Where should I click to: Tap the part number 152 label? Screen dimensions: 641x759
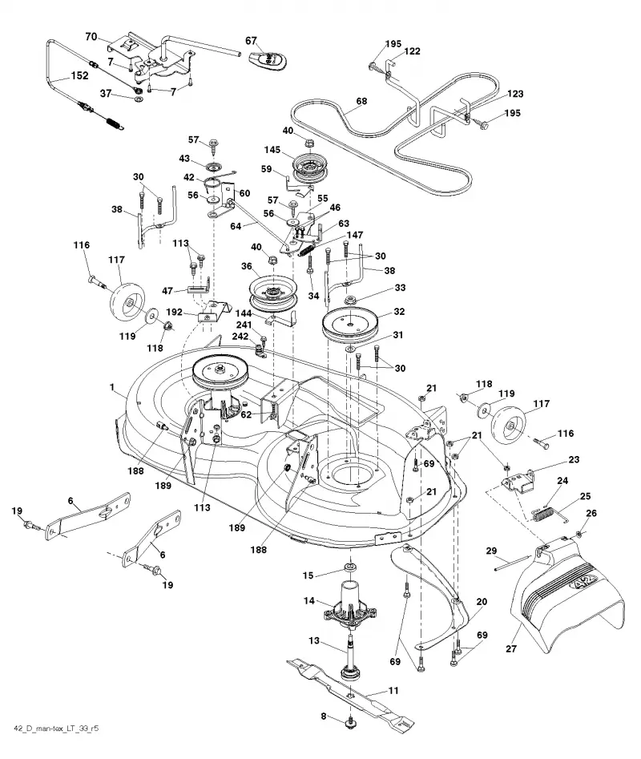[x=79, y=75]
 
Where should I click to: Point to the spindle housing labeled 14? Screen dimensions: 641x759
[x=351, y=605]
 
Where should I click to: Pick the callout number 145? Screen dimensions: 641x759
[x=272, y=150]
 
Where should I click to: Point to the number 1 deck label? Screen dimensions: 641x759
[x=111, y=387]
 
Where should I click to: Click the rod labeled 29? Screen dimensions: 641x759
[x=514, y=564]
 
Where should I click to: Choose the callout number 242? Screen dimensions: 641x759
[x=240, y=336]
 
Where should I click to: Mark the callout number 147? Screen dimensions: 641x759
[x=355, y=235]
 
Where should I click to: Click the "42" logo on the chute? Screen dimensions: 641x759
[x=584, y=581]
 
